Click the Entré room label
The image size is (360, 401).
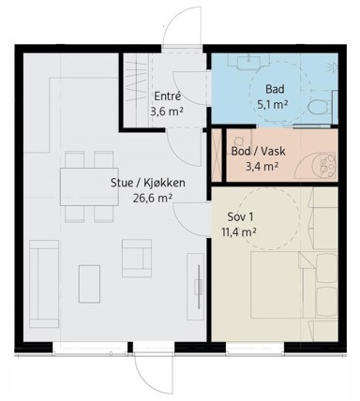click(x=168, y=97)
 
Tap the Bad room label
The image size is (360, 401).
click(x=275, y=89)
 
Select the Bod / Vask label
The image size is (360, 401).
click(x=258, y=152)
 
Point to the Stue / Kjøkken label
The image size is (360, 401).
click(x=148, y=183)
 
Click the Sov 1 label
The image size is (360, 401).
click(x=240, y=217)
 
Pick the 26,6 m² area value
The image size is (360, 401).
click(x=153, y=199)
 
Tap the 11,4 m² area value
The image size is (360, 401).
click(x=239, y=232)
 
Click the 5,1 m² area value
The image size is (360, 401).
click(x=272, y=105)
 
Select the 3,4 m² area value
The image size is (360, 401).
click(x=262, y=167)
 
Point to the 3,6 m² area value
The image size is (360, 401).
click(x=166, y=111)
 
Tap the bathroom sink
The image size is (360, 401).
click(x=249, y=62)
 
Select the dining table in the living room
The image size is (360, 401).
click(x=89, y=186)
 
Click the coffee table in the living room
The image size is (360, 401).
click(x=89, y=284)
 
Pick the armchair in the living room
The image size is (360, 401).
click(x=137, y=259)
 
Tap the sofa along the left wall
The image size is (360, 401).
click(x=44, y=284)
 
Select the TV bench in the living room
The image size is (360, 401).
click(x=196, y=287)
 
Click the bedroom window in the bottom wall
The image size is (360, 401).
click(x=255, y=349)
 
